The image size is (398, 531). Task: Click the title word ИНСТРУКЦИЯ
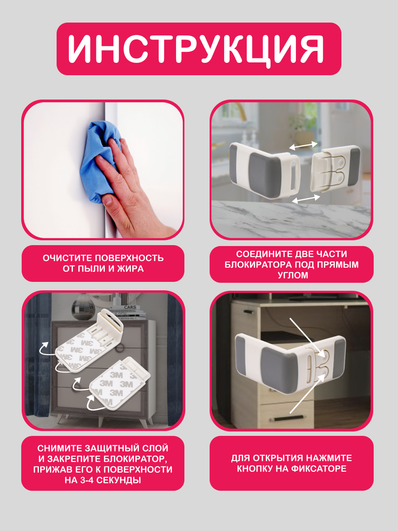[196, 49]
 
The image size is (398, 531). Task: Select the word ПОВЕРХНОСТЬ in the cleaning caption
[129, 258]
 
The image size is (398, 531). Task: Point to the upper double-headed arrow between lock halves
[303, 146]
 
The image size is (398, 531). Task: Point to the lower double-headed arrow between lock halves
[306, 199]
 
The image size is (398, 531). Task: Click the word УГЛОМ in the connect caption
[293, 275]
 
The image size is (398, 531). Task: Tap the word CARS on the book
[130, 307]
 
